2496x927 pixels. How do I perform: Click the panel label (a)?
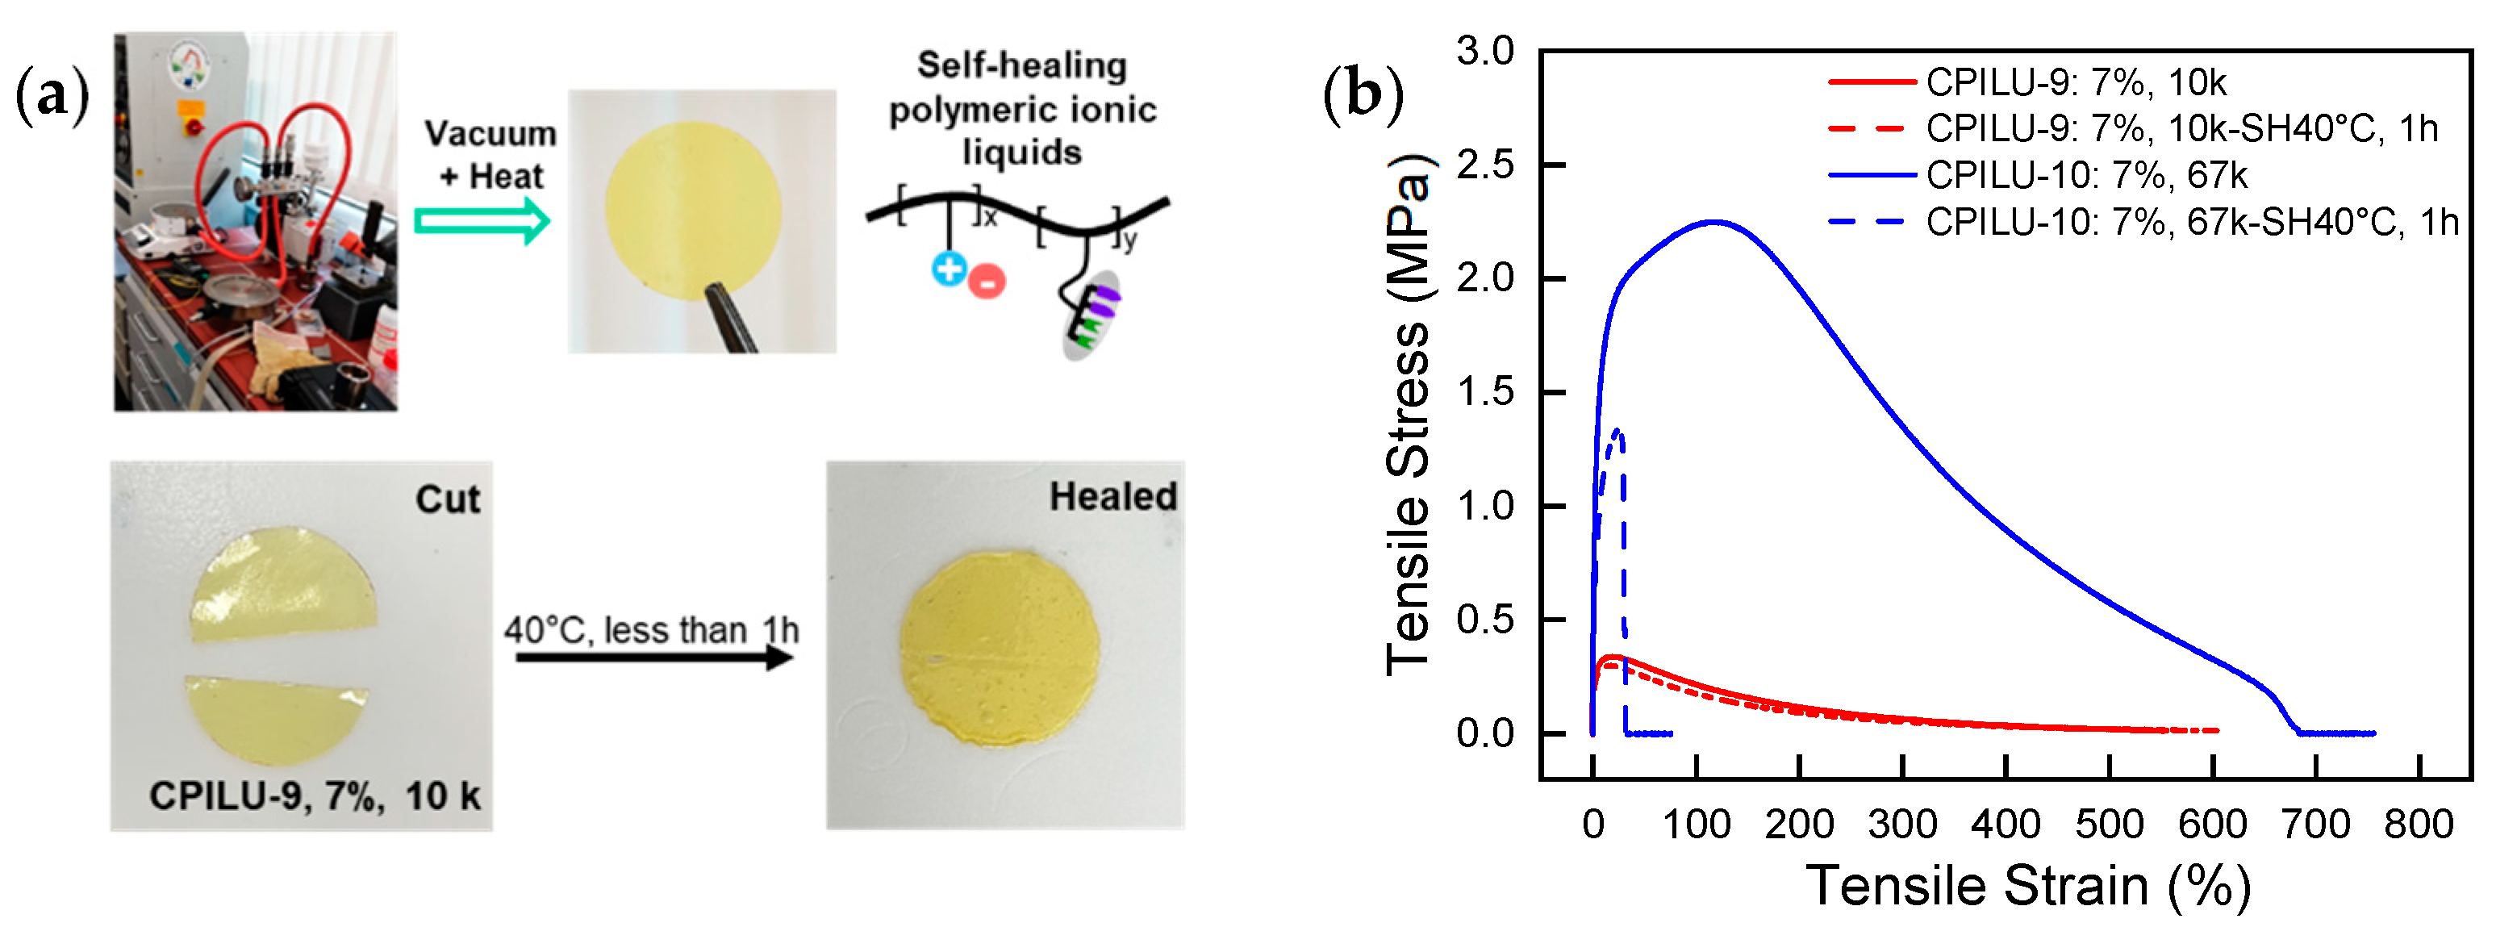[x=52, y=97]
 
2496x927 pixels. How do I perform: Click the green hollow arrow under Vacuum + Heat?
[x=482, y=221]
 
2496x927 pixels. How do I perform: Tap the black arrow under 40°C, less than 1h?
[x=654, y=658]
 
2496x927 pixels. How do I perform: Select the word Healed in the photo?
[x=1112, y=497]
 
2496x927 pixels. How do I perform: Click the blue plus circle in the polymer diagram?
[x=949, y=269]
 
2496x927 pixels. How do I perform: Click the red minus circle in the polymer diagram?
[x=987, y=282]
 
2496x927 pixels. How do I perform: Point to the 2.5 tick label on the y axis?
[x=1484, y=165]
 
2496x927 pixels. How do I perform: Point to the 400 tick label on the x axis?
[x=2006, y=825]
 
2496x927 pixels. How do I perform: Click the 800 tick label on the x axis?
[x=2419, y=825]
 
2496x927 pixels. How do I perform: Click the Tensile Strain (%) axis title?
[x=2027, y=885]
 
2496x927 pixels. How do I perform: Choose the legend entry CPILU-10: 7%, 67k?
[x=2085, y=175]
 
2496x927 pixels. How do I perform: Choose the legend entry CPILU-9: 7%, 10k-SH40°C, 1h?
[x=2180, y=129]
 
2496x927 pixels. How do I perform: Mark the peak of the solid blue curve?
[x=1715, y=222]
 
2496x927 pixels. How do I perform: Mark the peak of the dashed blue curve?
[x=1616, y=430]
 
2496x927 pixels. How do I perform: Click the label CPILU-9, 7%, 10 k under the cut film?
[x=314, y=796]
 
